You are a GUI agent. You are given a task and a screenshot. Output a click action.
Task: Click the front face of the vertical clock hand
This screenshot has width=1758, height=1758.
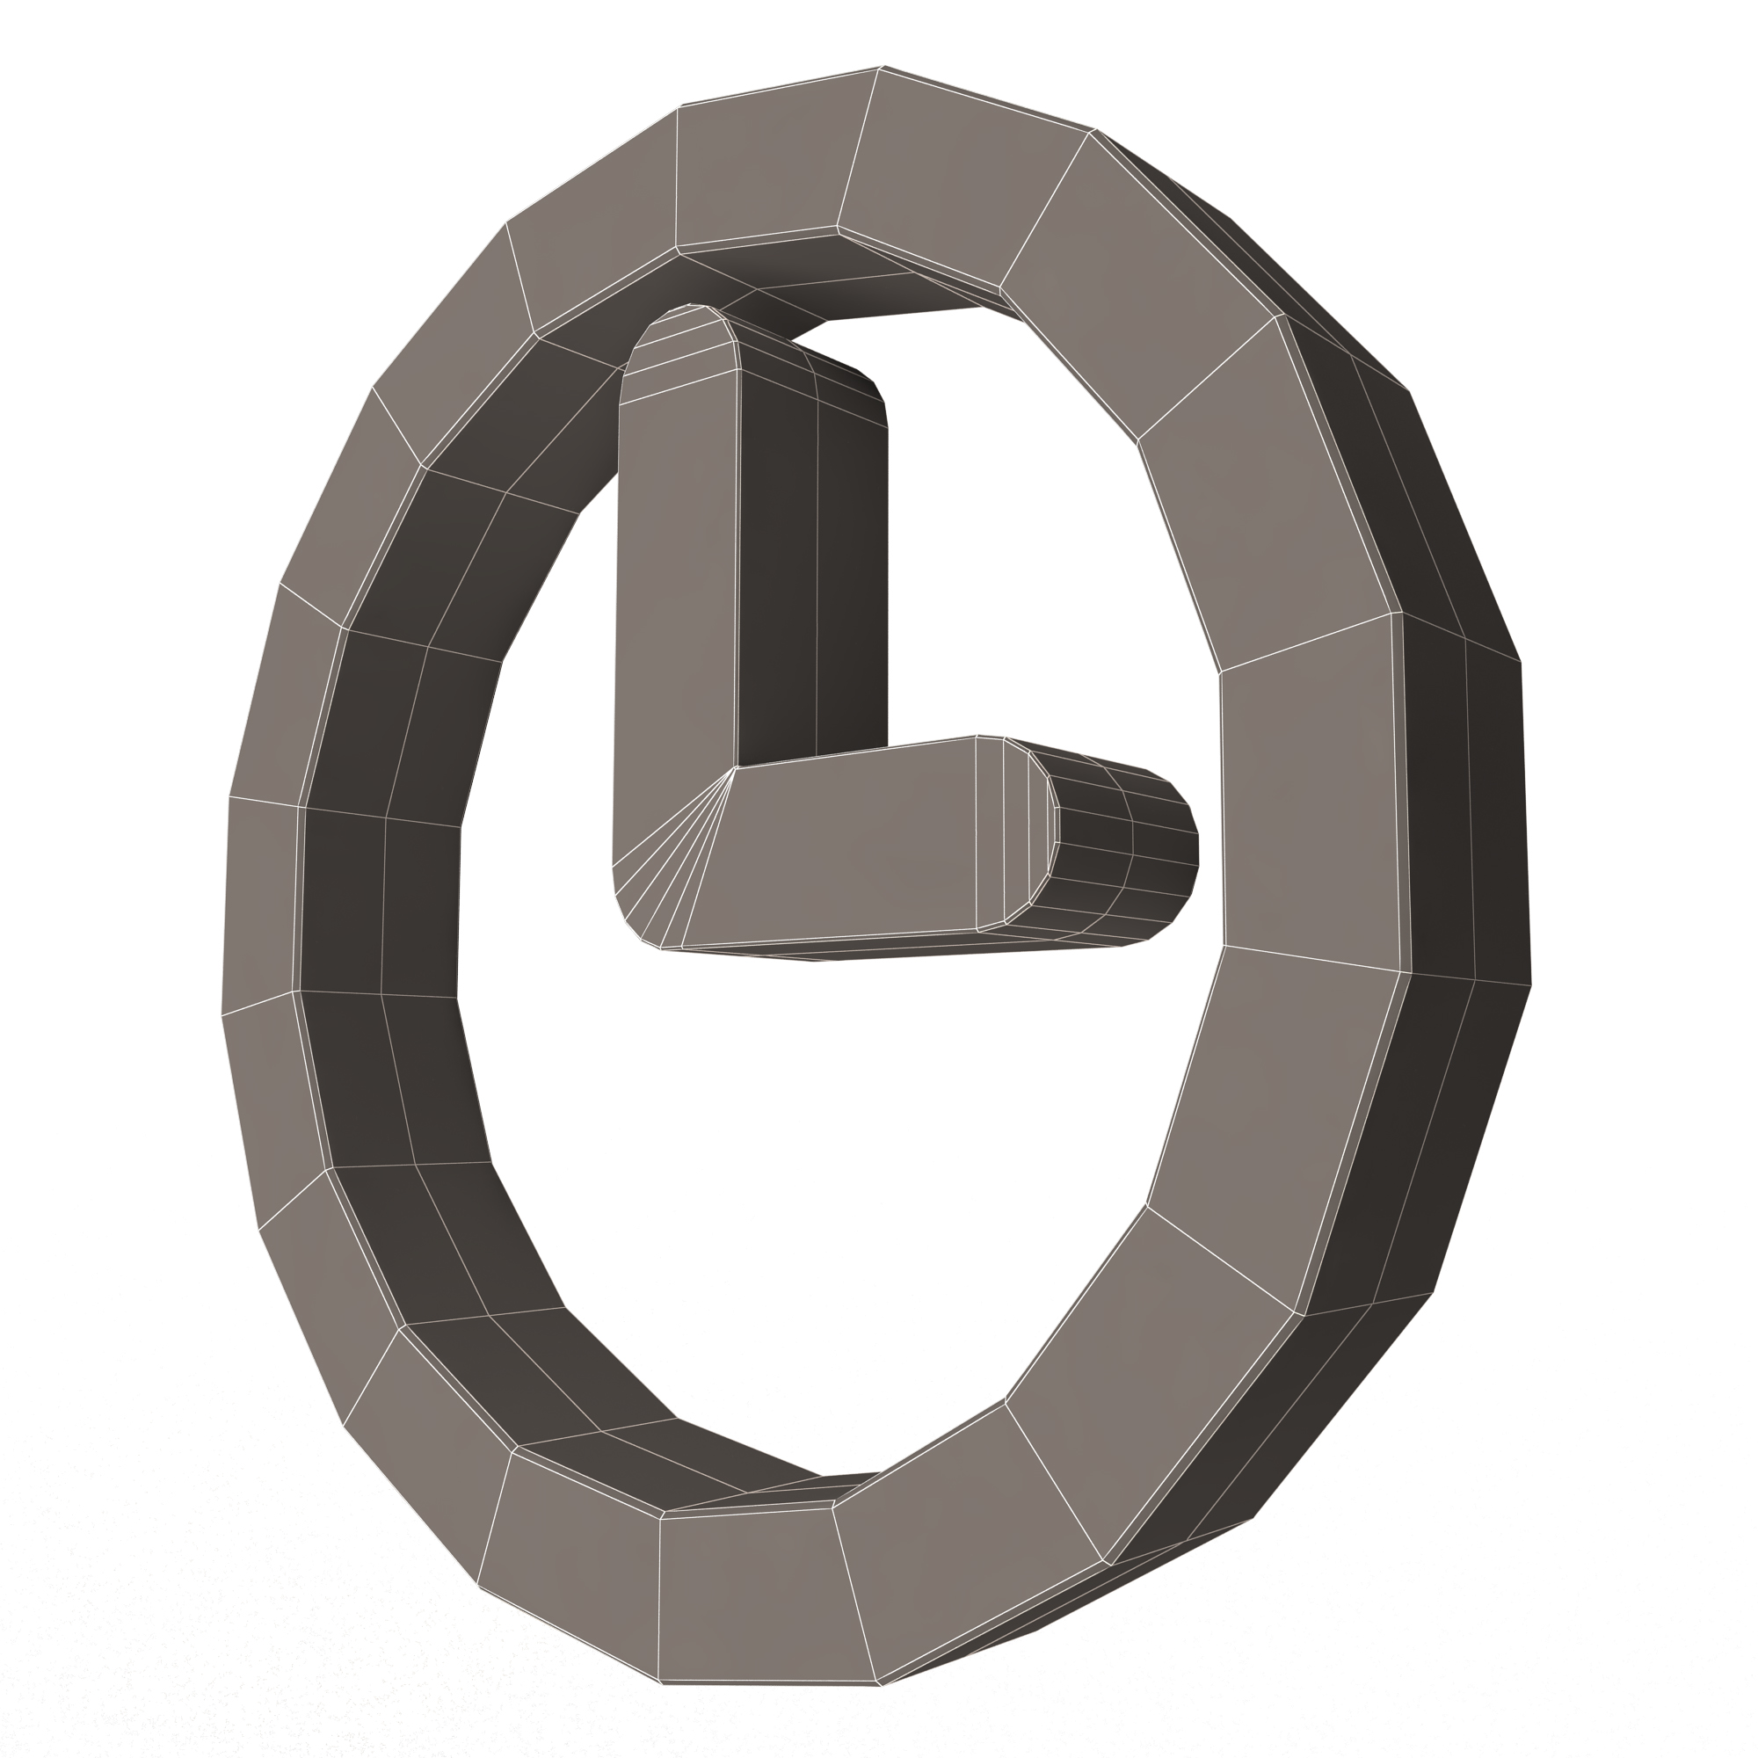coord(675,583)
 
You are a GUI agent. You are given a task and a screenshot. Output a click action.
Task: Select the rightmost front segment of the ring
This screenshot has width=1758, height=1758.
coord(1311,792)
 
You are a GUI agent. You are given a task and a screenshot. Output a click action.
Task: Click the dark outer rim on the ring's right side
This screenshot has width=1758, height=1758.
coord(1465,819)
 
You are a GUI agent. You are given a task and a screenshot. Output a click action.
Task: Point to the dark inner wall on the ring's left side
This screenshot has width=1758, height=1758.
coord(382,901)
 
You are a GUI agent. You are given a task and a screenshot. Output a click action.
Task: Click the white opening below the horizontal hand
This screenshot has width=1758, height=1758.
coord(819,1183)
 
